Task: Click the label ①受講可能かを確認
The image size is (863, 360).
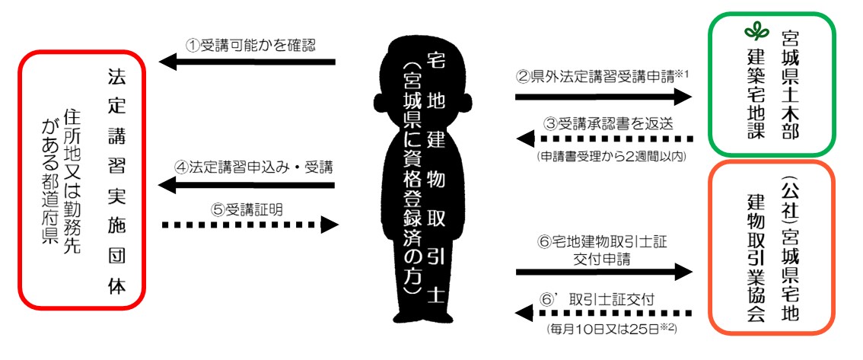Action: (x=251, y=44)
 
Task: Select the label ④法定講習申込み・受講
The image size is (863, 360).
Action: (x=251, y=166)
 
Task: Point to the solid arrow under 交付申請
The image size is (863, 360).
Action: (x=603, y=272)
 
